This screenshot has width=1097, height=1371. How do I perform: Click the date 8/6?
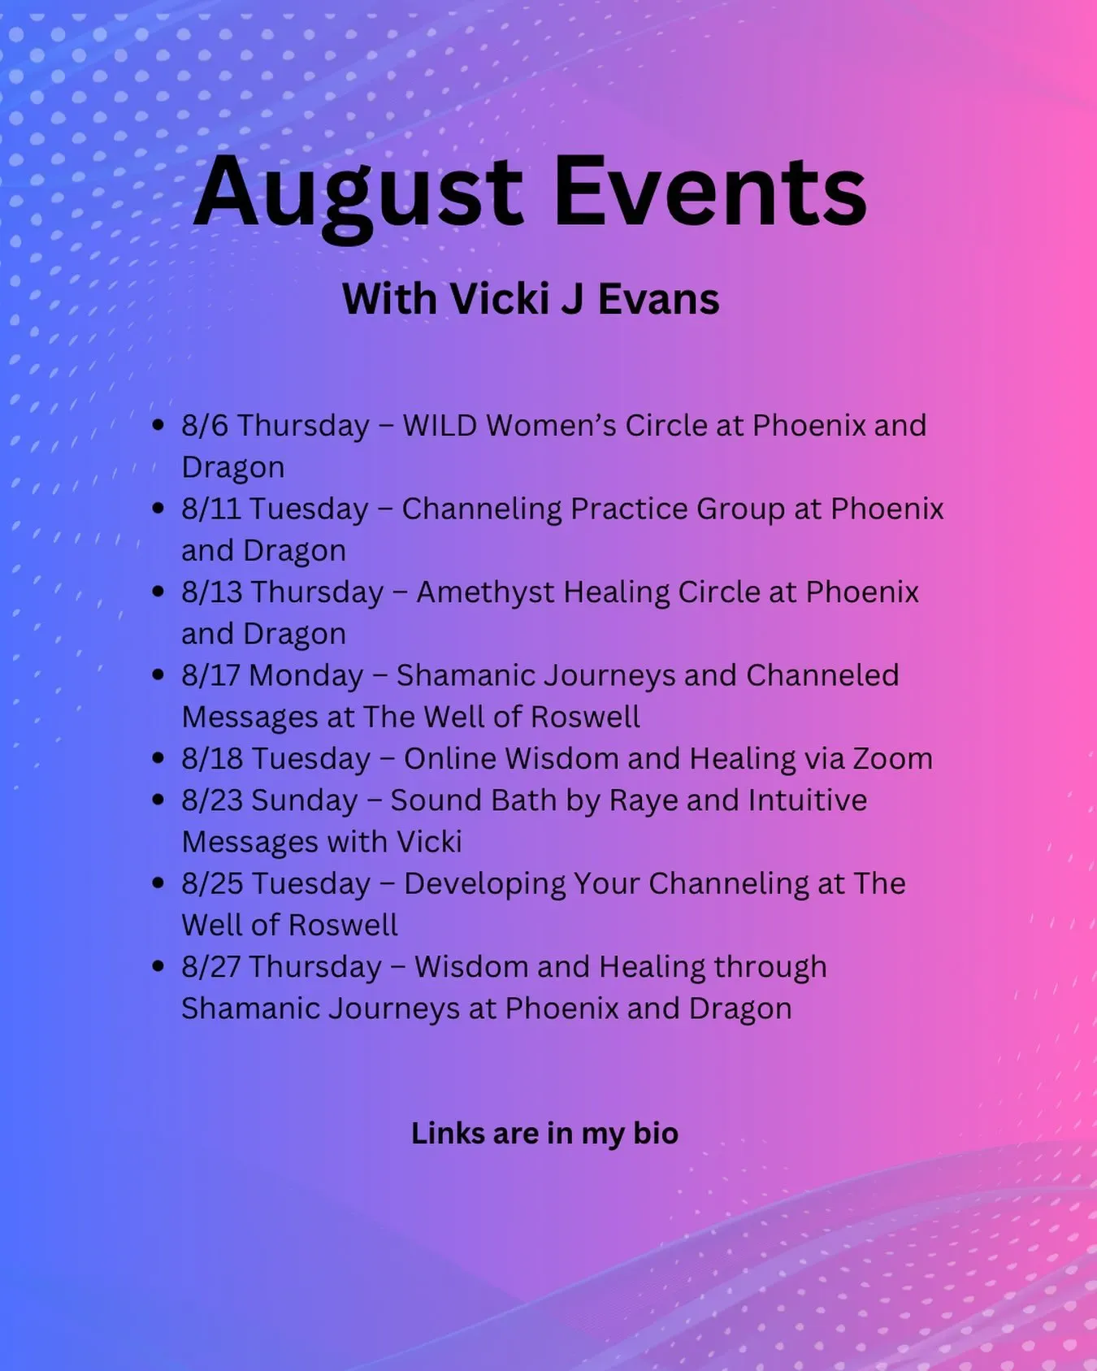(205, 425)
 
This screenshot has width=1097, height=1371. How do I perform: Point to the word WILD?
(440, 425)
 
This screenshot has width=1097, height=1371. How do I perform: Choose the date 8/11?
(211, 509)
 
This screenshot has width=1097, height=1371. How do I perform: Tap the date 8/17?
(211, 675)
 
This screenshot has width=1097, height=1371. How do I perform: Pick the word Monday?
(306, 676)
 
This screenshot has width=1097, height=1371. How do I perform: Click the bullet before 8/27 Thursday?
(158, 966)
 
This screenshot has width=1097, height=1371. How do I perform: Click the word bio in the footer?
(656, 1133)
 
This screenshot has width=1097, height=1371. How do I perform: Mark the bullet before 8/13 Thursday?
(158, 592)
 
